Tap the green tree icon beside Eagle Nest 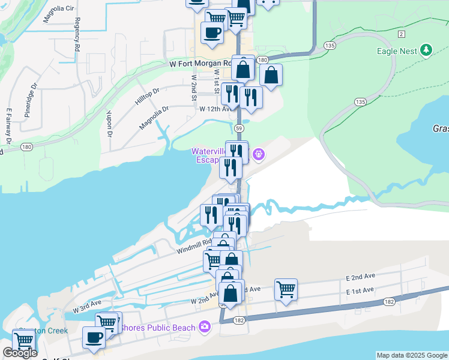(x=426, y=50)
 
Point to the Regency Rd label (x=77, y=38)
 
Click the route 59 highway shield (x=239, y=128)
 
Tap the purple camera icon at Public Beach (x=205, y=327)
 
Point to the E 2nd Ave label (x=360, y=276)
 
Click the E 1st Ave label (x=360, y=290)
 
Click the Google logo (x=20, y=353)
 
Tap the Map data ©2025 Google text (x=411, y=355)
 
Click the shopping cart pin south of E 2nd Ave (x=286, y=289)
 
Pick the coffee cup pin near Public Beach (x=93, y=337)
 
